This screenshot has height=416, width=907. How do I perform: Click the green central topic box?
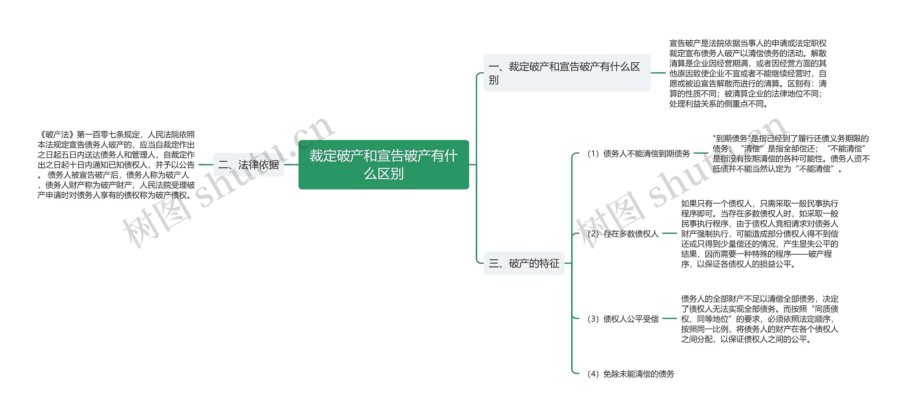pyautogui.click(x=384, y=165)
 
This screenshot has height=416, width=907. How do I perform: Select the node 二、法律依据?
pyautogui.click(x=248, y=165)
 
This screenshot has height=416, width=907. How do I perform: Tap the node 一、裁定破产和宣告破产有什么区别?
pyautogui.click(x=567, y=73)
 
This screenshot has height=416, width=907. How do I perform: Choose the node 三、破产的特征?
pyautogui.click(x=524, y=263)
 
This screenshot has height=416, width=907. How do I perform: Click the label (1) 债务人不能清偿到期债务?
pyautogui.click(x=638, y=154)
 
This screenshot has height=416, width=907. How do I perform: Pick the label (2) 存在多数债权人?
pyautogui.click(x=622, y=234)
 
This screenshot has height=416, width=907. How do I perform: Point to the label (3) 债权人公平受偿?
pyautogui.click(x=622, y=319)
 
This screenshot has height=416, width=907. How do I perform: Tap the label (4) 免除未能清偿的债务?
pyautogui.click(x=631, y=374)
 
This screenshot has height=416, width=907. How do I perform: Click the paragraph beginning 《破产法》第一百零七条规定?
pyautogui.click(x=116, y=165)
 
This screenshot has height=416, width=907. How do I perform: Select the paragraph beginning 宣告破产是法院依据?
pyautogui.click(x=748, y=73)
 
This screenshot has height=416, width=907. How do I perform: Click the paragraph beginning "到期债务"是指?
pyautogui.click(x=791, y=154)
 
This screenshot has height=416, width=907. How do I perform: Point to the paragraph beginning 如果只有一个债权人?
pyautogui.click(x=760, y=234)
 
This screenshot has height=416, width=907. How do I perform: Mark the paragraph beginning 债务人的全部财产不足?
pyautogui.click(x=760, y=319)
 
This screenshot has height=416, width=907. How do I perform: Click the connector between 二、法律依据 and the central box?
pyautogui.click(x=291, y=165)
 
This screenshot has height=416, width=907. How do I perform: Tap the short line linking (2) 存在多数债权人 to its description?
pyautogui.click(x=669, y=234)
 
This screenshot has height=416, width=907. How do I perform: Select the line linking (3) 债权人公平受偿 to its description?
pyautogui.click(x=669, y=319)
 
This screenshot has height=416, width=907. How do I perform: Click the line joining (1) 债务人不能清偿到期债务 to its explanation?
pyautogui.click(x=701, y=154)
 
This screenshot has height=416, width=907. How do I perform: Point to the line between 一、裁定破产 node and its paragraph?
pyautogui.click(x=658, y=73)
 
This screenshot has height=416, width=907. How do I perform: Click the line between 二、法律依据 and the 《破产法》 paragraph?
pyautogui.click(x=206, y=165)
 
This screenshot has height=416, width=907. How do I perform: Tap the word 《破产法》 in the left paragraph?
pyautogui.click(x=53, y=135)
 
